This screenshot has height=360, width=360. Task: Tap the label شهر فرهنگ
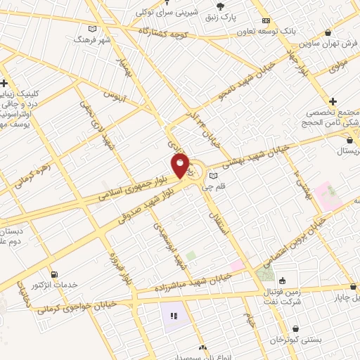pos(92,40)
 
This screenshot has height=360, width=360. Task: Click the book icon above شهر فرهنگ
pos(92,28)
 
